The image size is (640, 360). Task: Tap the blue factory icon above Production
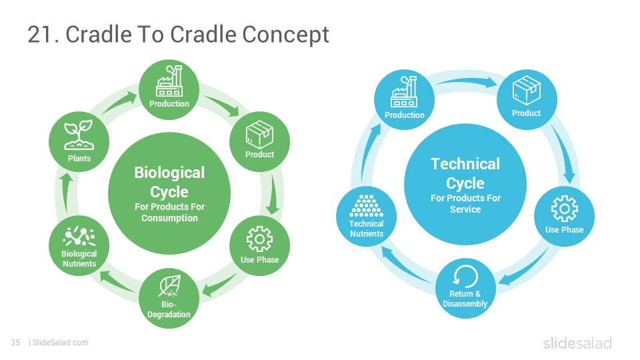coord(404,92)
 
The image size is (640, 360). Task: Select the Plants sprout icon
coord(79,135)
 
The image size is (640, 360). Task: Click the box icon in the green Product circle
coord(259,134)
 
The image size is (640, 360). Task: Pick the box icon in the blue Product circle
coord(527,90)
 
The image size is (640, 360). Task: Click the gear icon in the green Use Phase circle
coord(259,239)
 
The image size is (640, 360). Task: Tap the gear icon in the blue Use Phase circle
coord(565,209)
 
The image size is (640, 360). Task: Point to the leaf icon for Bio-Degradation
coord(169,286)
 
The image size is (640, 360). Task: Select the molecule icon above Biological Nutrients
coord(79,236)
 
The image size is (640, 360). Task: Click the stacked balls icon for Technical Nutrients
coord(366,206)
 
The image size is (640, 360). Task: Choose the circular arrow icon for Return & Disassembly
coord(465,276)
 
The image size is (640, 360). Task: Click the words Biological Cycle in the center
coord(169,182)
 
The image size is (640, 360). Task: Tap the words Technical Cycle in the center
coord(465,173)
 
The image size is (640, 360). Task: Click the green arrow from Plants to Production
coord(119,103)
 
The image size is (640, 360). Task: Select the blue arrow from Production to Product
coord(466,81)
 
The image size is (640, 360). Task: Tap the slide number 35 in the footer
coord(15,343)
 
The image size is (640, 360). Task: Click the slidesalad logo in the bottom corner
coord(577,343)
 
